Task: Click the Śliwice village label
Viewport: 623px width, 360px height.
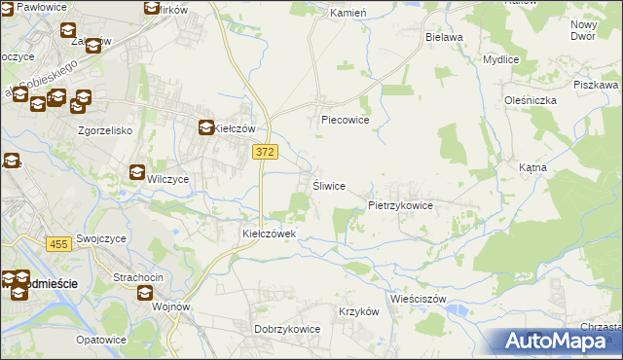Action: [328, 186]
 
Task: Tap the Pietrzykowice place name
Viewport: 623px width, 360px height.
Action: [400, 206]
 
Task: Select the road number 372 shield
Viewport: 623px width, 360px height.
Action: [265, 152]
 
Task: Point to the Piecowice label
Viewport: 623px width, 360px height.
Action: [346, 122]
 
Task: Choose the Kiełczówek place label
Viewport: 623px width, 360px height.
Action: [275, 234]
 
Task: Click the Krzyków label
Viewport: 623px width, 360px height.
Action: [358, 311]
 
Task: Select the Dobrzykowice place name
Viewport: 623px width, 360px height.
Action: [287, 329]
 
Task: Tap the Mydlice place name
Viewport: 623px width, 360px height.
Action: [500, 59]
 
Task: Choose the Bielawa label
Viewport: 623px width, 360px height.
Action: [444, 36]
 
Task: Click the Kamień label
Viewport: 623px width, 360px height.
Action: [348, 14]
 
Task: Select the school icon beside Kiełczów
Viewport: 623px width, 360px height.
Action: [206, 127]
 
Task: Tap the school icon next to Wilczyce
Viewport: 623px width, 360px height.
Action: [137, 173]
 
